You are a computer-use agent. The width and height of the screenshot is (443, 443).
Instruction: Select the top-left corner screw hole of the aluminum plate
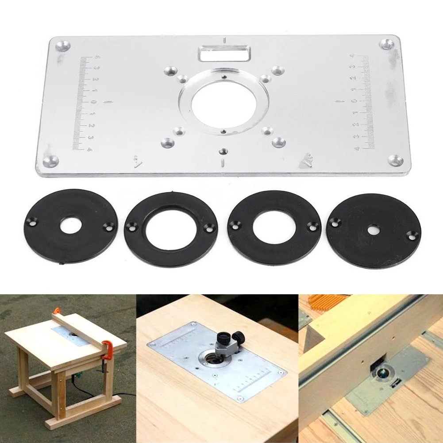click(x=63, y=45)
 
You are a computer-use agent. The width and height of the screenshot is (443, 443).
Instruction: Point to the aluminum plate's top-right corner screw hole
click(x=387, y=45)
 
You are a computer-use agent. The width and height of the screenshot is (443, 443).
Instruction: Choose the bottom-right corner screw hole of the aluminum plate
click(x=394, y=159)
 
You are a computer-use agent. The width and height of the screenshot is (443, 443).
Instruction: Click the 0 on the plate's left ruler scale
click(x=94, y=102)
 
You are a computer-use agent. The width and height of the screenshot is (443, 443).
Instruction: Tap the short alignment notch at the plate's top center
click(x=225, y=40)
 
